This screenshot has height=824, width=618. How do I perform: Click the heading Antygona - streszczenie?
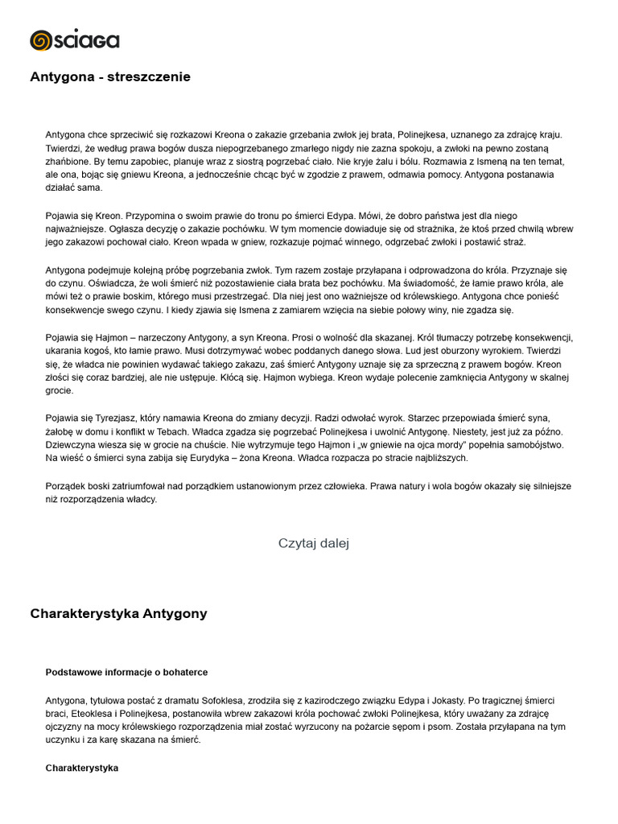(110, 77)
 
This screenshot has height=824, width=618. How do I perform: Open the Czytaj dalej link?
(314, 543)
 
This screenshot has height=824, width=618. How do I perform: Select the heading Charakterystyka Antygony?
(118, 613)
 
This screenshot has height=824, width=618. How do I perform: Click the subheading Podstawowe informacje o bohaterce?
(126, 672)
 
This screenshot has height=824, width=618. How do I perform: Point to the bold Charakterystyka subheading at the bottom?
(82, 768)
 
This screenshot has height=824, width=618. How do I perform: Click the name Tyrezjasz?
(112, 418)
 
